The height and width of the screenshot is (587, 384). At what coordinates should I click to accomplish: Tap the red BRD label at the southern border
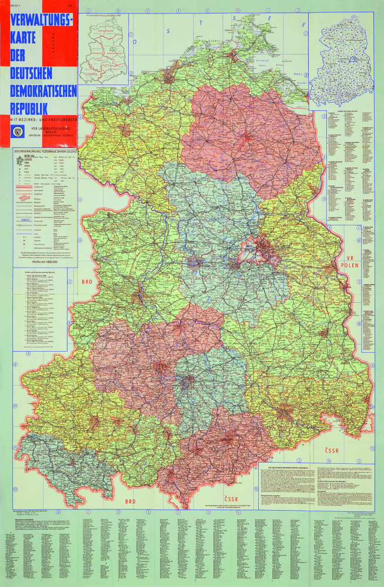click(x=130, y=502)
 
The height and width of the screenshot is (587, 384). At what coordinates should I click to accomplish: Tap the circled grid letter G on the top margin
click(x=208, y=11)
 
